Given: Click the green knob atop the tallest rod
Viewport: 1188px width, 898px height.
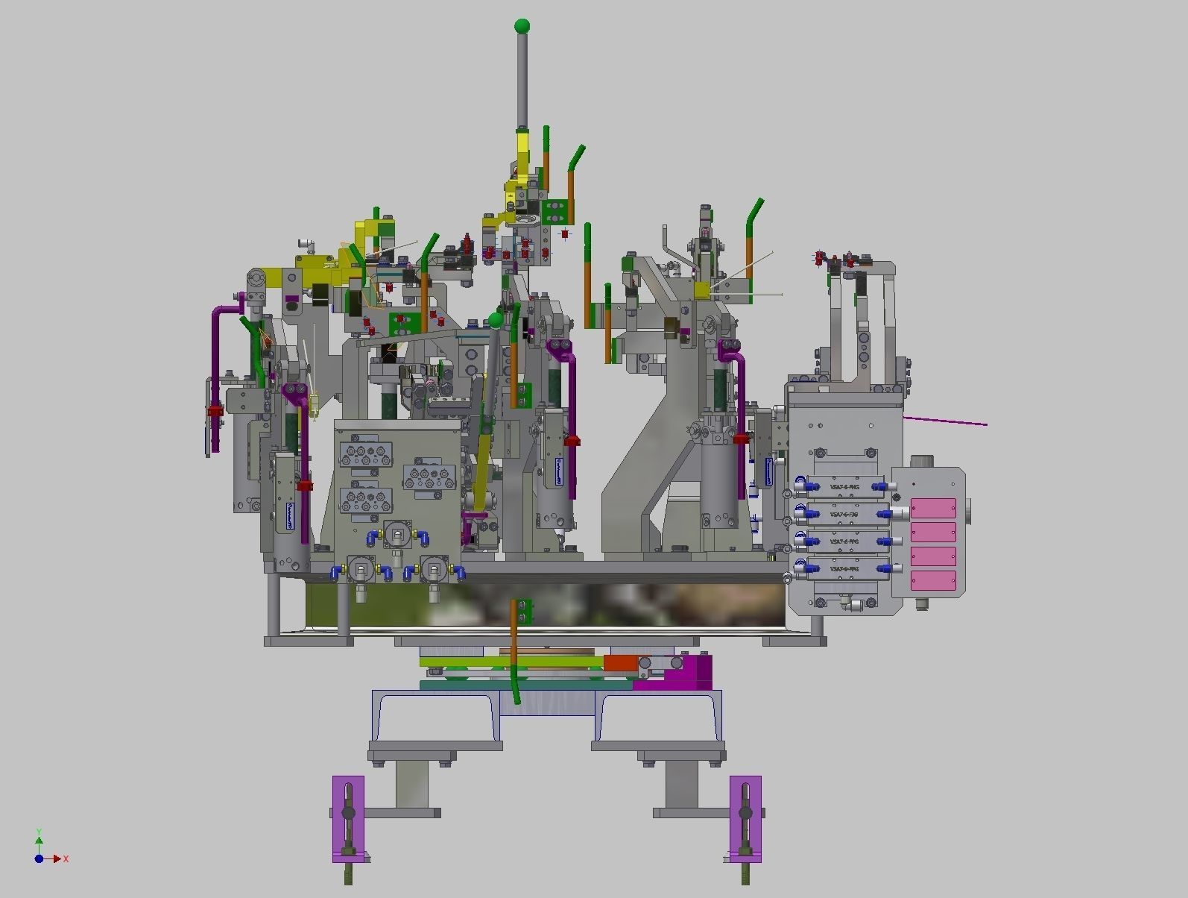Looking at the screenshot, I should pos(522,26).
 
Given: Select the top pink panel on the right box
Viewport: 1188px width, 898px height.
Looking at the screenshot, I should pos(933,508).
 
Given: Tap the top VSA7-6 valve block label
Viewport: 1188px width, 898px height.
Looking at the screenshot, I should pos(844,487).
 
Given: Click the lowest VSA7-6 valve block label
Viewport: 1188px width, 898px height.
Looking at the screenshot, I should pos(844,569).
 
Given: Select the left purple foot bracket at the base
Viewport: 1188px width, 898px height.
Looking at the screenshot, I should pos(348,818).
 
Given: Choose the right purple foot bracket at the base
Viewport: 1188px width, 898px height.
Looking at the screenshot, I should pos(745,818).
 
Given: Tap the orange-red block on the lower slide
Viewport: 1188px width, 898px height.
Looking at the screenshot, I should pos(619,662).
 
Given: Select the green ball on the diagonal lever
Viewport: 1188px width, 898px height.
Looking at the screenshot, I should pos(496,321).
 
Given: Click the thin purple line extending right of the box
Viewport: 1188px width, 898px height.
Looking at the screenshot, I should pos(947,421).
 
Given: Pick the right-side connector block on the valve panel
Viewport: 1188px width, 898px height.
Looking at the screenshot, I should pos(429,477).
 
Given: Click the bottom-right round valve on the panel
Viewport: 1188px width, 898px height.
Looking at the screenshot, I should pos(435,571).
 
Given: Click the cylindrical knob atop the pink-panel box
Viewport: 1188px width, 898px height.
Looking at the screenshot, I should pos(924,462).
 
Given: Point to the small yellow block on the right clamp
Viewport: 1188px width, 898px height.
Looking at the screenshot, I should pos(701,290).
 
